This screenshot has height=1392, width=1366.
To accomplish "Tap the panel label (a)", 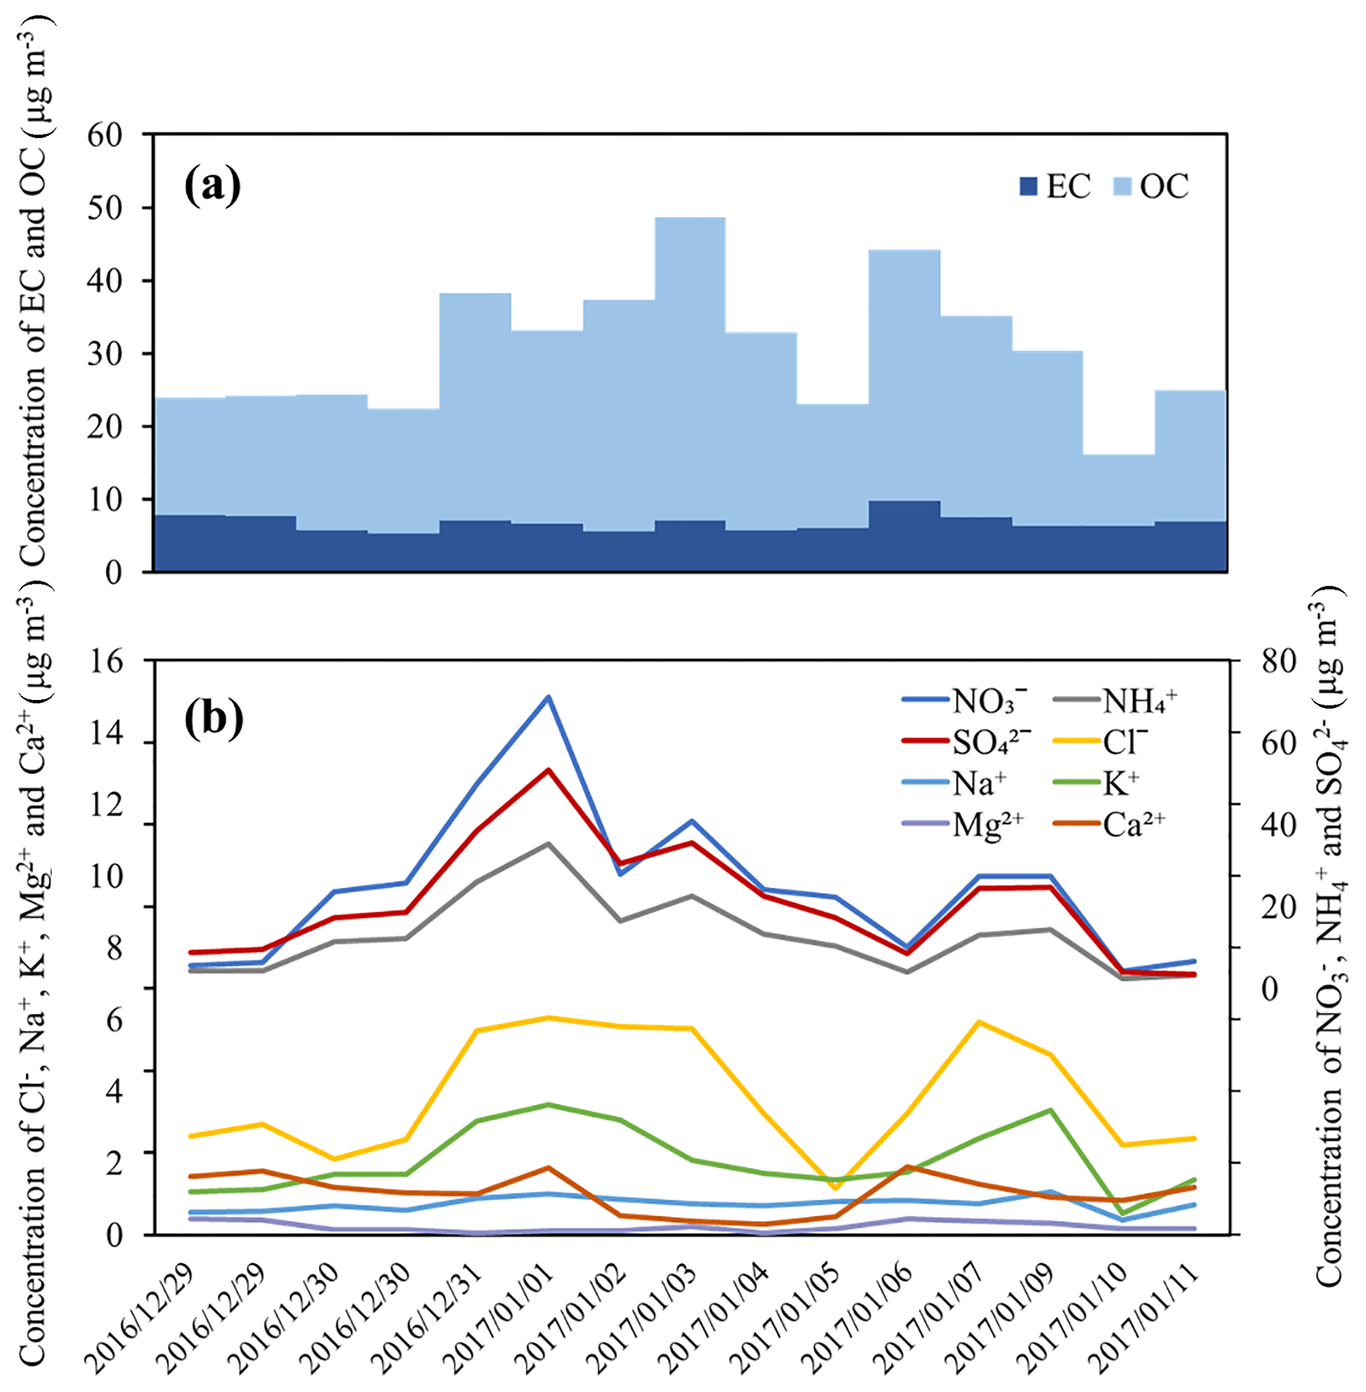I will tap(212, 186).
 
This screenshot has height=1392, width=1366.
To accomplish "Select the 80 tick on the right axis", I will tap(1279, 660).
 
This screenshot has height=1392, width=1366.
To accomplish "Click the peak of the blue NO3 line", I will tap(548, 697).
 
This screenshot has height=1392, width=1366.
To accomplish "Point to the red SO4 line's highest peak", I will tap(548, 771).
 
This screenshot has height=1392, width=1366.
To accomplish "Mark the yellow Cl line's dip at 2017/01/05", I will tap(835, 1189).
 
